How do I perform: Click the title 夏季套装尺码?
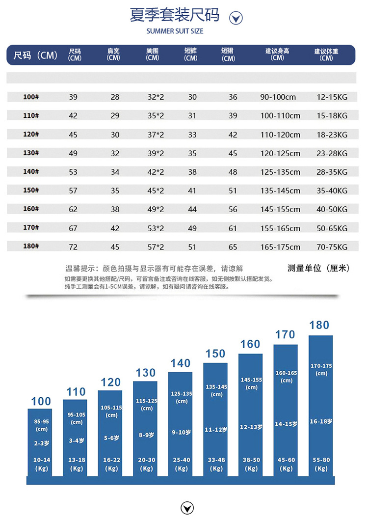174,15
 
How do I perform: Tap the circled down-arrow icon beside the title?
237,18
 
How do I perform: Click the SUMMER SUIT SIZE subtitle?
175,31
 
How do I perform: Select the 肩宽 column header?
113,54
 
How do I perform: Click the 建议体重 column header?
326,54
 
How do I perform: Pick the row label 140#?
31,172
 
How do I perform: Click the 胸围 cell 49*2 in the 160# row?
156,209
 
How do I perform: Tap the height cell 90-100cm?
278,97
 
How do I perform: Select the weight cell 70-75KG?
332,247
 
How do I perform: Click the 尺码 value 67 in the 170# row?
73,228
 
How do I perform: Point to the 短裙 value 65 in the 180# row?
233,247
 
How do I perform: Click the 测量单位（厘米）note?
318,268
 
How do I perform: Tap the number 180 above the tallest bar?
319,325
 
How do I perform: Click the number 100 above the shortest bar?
41,401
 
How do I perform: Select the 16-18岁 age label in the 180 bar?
321,421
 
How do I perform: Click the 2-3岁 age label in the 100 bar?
42,443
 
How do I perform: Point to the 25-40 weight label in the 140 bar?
181,460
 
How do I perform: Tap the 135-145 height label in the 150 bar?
216,387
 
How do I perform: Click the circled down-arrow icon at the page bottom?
187,508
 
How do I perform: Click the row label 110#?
31,116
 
